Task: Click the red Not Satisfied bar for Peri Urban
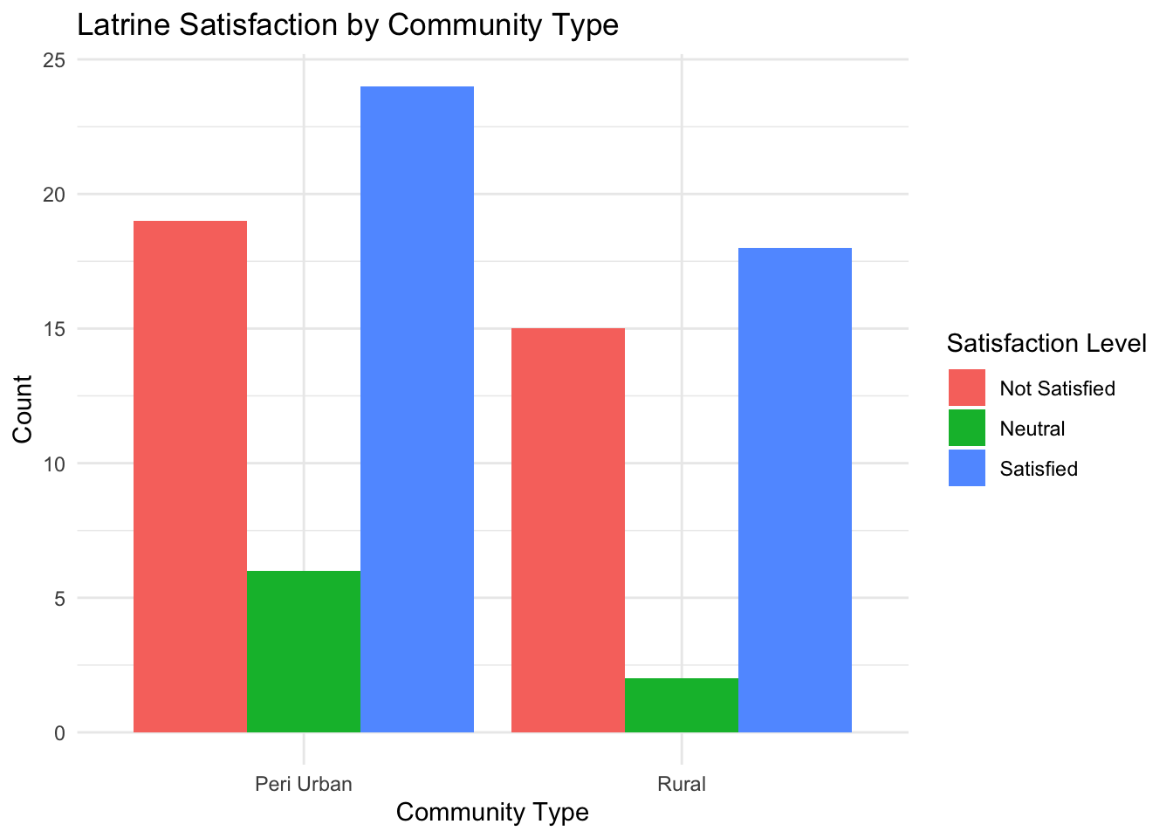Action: (x=190, y=476)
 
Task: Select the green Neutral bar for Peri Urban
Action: (x=304, y=651)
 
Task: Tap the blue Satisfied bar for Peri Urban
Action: (x=417, y=409)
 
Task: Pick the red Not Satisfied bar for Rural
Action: (x=568, y=530)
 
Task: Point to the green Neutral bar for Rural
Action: (x=682, y=705)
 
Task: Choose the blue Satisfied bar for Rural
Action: (x=795, y=490)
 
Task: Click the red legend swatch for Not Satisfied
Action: (x=967, y=388)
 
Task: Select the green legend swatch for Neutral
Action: (x=967, y=428)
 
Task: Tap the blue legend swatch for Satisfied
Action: (x=967, y=468)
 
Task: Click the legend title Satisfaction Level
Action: (x=1046, y=344)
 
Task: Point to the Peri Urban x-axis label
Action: (x=304, y=783)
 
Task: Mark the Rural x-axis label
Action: (x=682, y=783)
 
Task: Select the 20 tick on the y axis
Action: (x=54, y=195)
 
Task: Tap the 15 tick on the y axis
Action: (x=54, y=329)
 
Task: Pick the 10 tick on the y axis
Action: (x=54, y=464)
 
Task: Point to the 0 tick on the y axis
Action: (x=59, y=733)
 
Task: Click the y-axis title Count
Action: (x=23, y=409)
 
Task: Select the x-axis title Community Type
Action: (x=492, y=813)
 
